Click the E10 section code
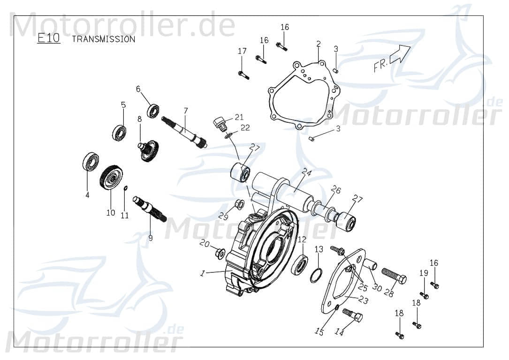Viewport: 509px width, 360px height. [49, 38]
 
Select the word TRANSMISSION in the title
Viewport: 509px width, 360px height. [103, 39]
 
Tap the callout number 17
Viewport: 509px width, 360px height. [242, 51]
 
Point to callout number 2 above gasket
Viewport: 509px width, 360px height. [319, 44]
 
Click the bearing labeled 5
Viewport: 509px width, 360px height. [119, 133]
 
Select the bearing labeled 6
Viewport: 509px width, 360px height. [153, 111]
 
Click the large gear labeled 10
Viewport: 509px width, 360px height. [111, 178]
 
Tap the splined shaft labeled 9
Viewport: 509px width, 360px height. [150, 210]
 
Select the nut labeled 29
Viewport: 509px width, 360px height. [238, 204]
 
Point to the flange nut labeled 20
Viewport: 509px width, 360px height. [219, 254]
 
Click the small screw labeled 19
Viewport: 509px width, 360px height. [424, 295]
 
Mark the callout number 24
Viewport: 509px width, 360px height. [307, 172]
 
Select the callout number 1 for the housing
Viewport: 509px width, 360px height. [202, 273]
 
